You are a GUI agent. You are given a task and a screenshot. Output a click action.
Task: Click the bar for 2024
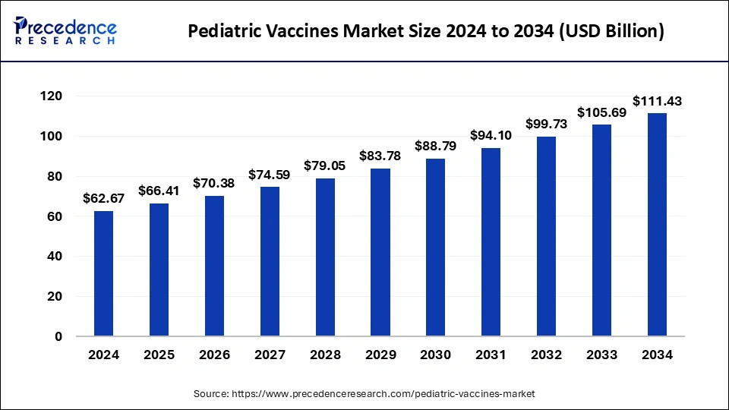click(x=103, y=273)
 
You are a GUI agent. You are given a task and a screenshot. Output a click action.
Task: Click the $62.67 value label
click(x=103, y=199)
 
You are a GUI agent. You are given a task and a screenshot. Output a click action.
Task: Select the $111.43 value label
click(x=657, y=101)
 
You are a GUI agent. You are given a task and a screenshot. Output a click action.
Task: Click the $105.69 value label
click(x=601, y=112)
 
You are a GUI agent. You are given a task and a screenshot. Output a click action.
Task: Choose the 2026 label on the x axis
click(x=214, y=355)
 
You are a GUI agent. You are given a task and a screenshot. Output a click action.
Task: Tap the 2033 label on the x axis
click(x=601, y=355)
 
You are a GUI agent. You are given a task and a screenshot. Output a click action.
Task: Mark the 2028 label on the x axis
click(x=325, y=355)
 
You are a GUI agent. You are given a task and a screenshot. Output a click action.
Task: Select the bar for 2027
click(x=270, y=261)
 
